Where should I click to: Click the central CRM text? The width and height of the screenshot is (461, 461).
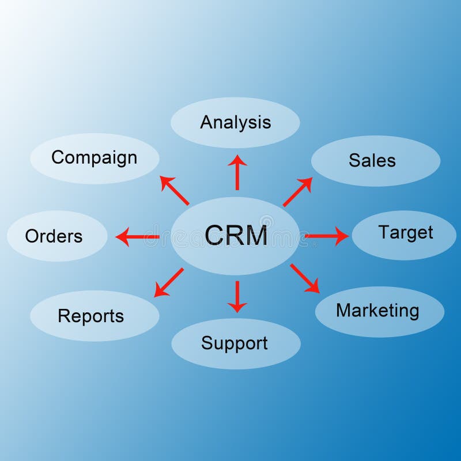pos(236,236)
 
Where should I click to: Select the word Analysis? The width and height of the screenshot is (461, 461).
pos(235,122)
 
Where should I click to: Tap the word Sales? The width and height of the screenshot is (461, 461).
pos(372,160)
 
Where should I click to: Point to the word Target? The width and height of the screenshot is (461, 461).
pos(405,232)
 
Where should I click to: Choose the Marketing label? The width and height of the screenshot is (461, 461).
pos(377,311)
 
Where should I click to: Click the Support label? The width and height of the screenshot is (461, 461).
pos(235,343)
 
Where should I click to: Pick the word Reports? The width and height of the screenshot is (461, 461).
pos(91,316)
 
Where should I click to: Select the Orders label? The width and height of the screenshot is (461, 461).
pos(54,236)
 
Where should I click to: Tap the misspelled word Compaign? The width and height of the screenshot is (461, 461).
pos(94,157)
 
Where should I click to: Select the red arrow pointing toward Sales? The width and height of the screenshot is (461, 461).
pos(297,191)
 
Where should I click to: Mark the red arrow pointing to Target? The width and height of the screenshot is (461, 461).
pos(326,236)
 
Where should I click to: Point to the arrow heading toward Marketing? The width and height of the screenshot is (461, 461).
pos(305,278)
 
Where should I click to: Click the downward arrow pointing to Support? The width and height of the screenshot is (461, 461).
pos(237,296)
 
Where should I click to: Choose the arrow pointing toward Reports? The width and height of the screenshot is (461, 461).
pos(169,282)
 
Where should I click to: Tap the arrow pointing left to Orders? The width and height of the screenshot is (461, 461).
pos(137,236)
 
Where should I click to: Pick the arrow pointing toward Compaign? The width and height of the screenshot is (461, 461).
pos(174,191)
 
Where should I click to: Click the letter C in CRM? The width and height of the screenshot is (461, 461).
pos(215,236)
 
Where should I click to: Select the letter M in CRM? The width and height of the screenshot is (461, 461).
pos(256,236)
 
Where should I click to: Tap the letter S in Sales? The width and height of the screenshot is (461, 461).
pos(354,160)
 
